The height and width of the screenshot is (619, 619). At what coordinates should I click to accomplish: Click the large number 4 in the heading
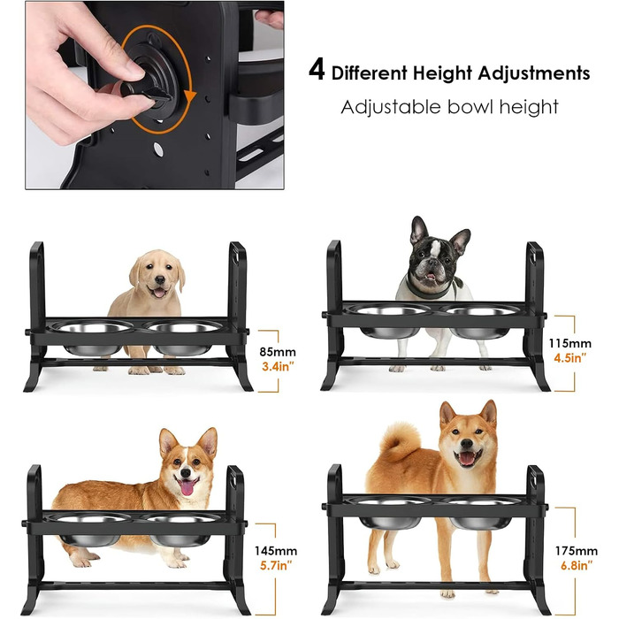click(x=317, y=70)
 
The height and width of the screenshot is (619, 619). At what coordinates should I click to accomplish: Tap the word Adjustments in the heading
click(x=534, y=73)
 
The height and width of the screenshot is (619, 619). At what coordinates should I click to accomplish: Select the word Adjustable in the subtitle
click(x=391, y=107)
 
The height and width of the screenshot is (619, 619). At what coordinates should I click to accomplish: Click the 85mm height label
click(x=278, y=351)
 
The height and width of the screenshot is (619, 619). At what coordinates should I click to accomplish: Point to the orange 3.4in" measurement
click(x=279, y=366)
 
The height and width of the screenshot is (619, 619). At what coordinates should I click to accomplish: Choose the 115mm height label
click(x=570, y=343)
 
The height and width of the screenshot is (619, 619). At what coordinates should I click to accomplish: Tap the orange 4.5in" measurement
click(x=570, y=358)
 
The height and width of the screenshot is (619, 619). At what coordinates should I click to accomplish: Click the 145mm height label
click(x=276, y=550)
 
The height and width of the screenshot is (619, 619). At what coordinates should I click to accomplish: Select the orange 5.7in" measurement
click(x=276, y=565)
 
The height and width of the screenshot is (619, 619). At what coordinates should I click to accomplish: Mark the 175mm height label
click(x=577, y=550)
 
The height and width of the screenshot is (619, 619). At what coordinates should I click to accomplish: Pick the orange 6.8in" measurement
click(x=577, y=565)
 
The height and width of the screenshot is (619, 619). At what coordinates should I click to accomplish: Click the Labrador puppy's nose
click(x=160, y=280)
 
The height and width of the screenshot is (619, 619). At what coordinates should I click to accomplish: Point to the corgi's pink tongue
click(x=187, y=487)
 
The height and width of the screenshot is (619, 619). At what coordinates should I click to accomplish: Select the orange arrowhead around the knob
click(x=191, y=96)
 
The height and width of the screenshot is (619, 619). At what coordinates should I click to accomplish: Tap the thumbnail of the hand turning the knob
click(x=155, y=96)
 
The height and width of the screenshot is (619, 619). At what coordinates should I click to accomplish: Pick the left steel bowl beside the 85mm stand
click(x=93, y=339)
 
